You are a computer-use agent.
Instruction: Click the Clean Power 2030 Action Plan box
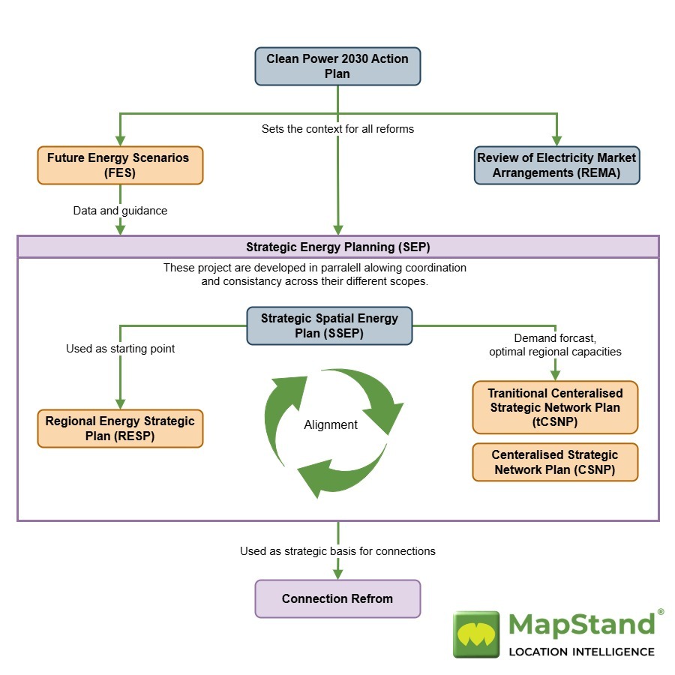pos(337,66)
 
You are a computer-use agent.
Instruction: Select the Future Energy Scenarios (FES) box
pos(120,165)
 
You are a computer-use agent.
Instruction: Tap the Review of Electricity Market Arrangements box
pos(556,165)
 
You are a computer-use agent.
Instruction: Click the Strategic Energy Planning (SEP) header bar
pos(337,247)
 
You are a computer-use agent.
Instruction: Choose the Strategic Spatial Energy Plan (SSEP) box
pos(329,325)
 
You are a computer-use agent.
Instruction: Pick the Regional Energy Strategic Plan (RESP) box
pos(120,428)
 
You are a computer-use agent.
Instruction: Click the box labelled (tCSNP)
pos(555,407)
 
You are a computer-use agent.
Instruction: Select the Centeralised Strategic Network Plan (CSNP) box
pos(555,462)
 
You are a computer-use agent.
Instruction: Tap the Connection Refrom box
pos(337,598)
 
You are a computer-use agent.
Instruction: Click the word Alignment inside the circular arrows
pos(331,424)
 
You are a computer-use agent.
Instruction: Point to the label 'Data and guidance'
pos(120,211)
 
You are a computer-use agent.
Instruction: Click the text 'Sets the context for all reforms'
pos(337,129)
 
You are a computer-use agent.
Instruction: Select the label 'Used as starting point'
pos(120,349)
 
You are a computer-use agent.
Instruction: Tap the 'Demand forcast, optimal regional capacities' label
pos(555,345)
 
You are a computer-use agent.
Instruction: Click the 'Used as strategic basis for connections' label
pos(337,551)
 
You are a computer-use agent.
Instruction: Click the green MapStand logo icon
pos(476,634)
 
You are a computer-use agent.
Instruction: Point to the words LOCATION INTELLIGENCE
pos(581,652)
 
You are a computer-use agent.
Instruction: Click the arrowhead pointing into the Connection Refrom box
pos(337,574)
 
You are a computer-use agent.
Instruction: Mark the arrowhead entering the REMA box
pos(556,140)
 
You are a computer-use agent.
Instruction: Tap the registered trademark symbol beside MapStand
pos(660,612)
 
